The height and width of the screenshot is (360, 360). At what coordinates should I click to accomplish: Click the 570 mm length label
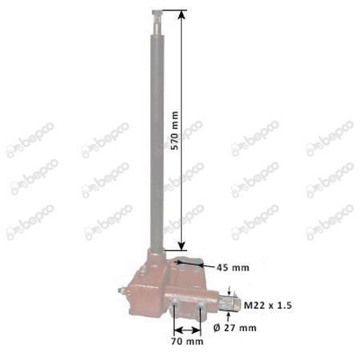click(x=174, y=130)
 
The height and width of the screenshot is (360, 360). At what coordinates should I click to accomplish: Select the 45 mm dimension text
click(x=233, y=267)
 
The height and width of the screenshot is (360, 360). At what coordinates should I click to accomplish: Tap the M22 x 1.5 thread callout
click(x=268, y=306)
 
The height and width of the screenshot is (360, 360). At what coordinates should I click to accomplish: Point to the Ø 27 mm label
click(x=235, y=328)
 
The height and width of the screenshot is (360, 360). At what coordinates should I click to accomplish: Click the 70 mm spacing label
click(x=187, y=342)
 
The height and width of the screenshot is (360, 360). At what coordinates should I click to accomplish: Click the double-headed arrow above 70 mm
click(x=187, y=330)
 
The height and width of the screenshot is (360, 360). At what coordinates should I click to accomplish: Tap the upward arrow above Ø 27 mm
click(x=228, y=317)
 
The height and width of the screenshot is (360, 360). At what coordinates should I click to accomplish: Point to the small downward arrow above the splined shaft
click(x=230, y=291)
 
